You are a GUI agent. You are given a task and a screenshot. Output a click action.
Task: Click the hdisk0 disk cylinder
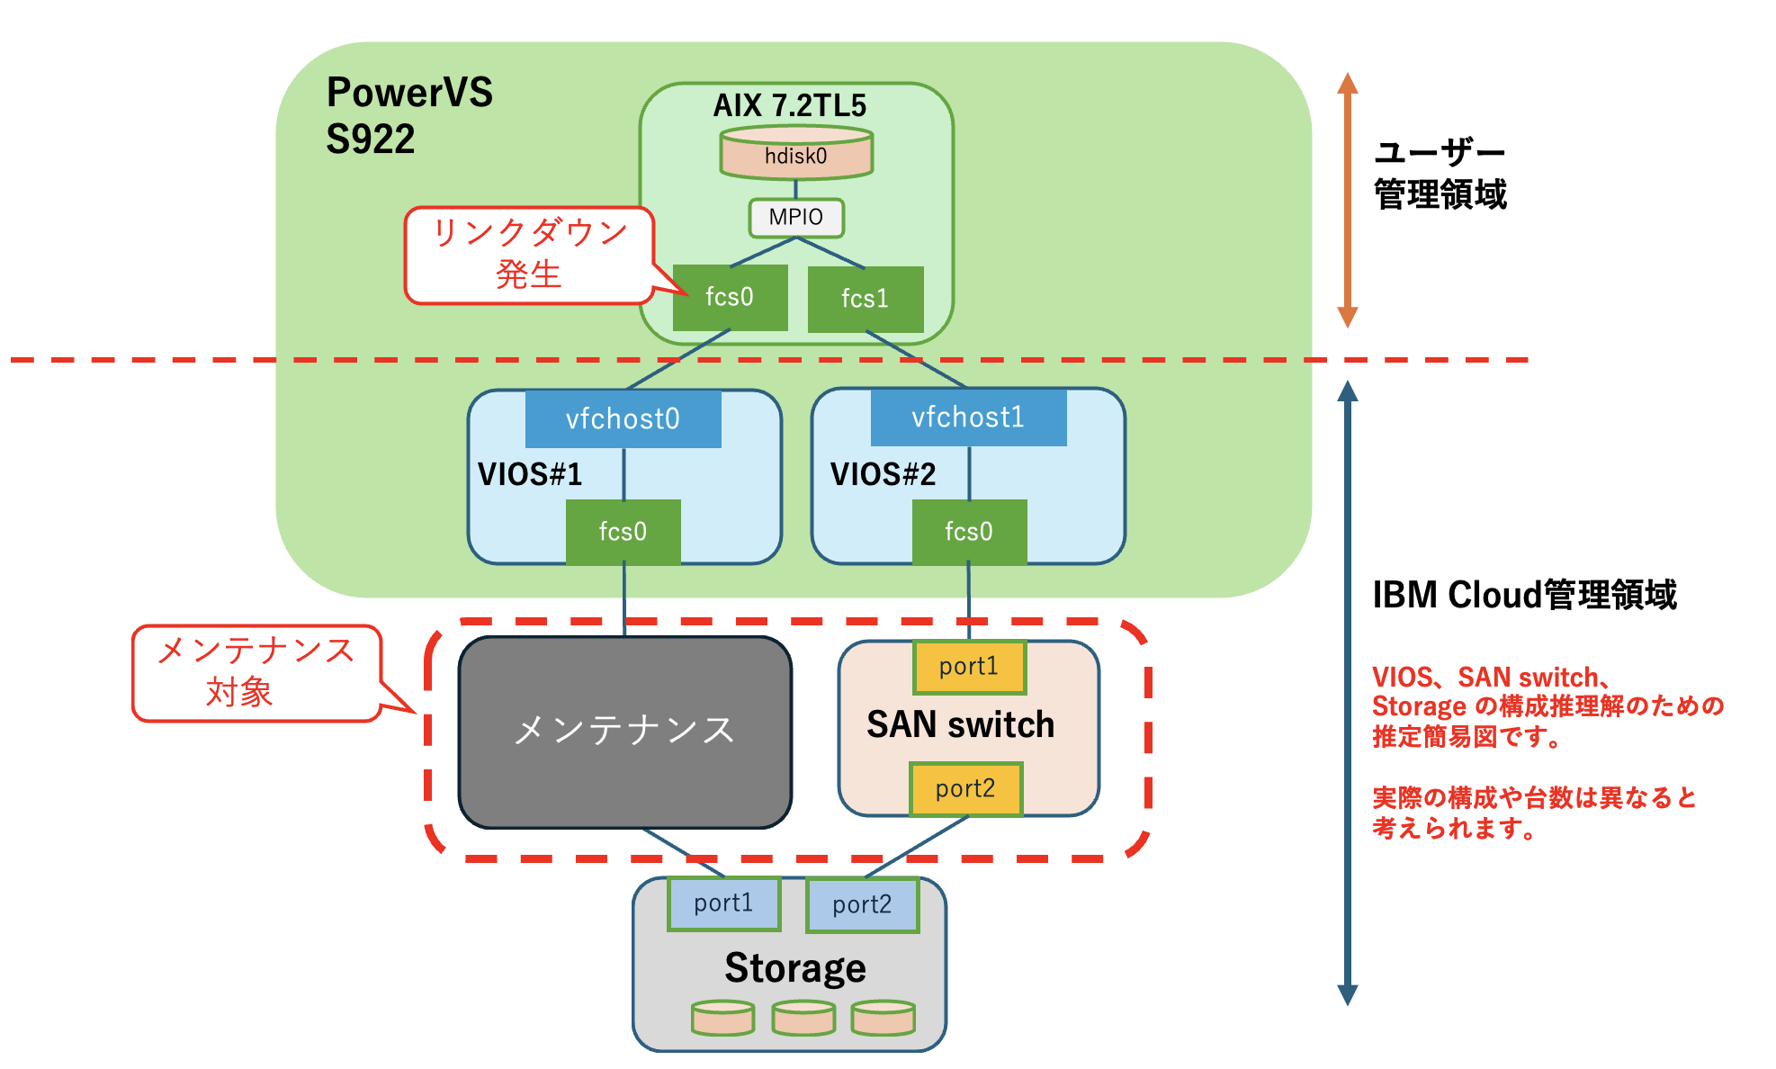[796, 155]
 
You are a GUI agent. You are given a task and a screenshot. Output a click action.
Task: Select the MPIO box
[796, 218]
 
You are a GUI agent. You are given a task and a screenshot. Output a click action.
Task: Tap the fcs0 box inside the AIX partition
[730, 297]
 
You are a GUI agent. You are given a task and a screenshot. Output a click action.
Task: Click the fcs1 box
[866, 299]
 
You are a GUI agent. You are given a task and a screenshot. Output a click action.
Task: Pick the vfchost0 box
[623, 419]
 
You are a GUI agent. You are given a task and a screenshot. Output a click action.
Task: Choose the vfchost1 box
[968, 418]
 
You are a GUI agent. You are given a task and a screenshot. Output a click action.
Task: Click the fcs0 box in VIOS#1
[623, 532]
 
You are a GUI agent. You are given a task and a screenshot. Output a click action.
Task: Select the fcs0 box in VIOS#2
[969, 532]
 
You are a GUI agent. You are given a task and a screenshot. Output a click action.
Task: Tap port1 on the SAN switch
[969, 667]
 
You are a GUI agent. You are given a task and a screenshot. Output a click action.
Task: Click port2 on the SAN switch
[965, 789]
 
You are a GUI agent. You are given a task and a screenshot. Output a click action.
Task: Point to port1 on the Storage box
[723, 903]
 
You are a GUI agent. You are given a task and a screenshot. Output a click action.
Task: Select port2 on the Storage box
[862, 905]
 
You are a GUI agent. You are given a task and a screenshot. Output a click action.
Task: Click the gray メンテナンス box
[624, 732]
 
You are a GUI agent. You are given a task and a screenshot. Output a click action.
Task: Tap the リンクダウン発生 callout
[529, 255]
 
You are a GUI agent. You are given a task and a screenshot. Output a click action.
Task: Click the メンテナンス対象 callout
[256, 672]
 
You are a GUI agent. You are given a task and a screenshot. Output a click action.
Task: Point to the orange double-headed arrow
[1347, 200]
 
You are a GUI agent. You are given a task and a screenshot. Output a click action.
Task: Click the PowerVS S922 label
[409, 116]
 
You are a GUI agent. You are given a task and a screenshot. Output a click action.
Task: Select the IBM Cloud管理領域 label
[1524, 596]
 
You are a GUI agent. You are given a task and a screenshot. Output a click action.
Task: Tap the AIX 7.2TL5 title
[789, 106]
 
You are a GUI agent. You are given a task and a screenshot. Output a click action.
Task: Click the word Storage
[795, 968]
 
